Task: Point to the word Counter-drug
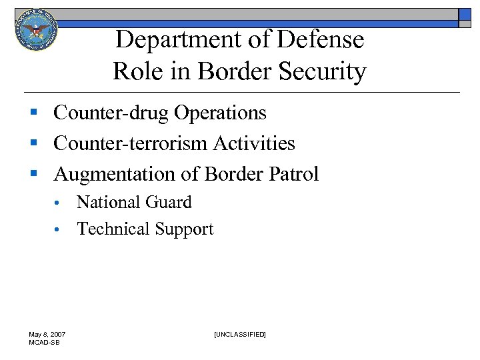coord(111,113)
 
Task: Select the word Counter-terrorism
coord(131,143)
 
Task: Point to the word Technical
coord(113,229)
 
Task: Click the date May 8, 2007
coord(47,334)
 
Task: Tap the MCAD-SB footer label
coord(44,342)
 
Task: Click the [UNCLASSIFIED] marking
coord(239,334)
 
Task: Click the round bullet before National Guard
coord(59,203)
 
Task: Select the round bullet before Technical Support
coord(59,230)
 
